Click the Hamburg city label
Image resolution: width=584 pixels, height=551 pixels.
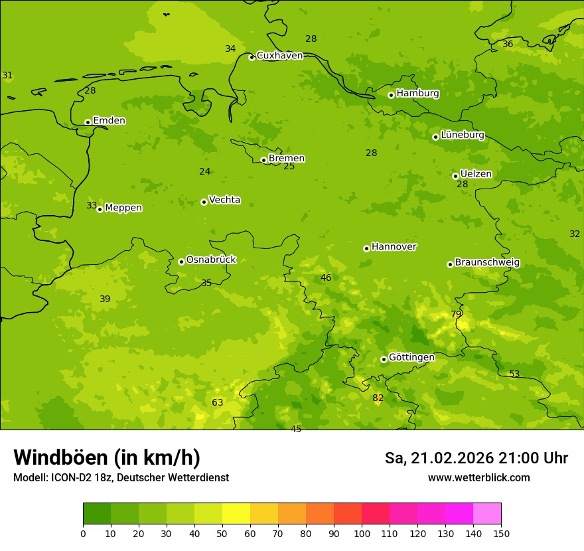[417, 94]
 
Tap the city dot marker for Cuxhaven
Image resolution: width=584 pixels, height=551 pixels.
[252, 57]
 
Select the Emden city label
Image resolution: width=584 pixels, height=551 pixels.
[109, 121]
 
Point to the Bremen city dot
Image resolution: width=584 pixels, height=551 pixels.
[263, 160]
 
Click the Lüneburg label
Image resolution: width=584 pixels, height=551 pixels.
[462, 135]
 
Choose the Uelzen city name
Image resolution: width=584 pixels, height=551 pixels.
[476, 174]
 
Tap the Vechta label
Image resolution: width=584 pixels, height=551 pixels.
[224, 200]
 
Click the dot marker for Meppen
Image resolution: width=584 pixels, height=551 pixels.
[100, 209]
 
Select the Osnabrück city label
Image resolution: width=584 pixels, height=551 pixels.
[210, 260]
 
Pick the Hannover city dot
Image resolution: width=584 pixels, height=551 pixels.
[366, 248]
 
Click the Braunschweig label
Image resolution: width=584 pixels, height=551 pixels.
[487, 263]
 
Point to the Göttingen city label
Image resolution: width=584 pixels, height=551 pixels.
[411, 357]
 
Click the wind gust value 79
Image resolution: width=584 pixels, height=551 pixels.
[456, 314]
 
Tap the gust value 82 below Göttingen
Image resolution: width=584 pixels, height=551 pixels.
[378, 398]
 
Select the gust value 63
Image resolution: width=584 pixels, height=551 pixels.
[217, 402]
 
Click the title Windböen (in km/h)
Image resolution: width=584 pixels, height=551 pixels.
[107, 457]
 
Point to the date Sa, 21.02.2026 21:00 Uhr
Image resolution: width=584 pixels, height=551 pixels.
[476, 458]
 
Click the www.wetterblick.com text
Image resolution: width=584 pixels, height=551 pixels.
[478, 478]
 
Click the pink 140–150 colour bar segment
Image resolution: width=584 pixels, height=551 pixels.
[487, 513]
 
